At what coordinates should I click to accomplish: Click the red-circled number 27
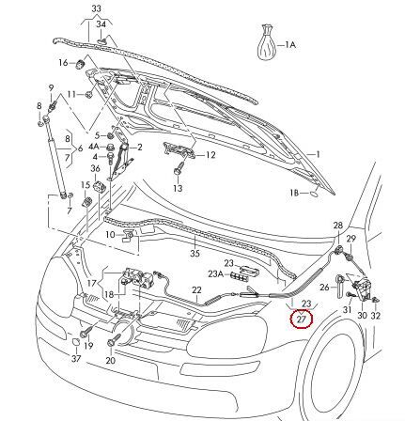301,319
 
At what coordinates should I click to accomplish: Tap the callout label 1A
289,44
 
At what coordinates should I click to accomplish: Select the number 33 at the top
96,7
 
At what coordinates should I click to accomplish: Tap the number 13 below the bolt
178,188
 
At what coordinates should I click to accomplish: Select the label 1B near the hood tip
294,192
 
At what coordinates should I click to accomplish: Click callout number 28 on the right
338,226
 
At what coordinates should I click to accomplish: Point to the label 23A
215,275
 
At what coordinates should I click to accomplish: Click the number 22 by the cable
196,290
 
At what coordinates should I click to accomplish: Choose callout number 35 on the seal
195,253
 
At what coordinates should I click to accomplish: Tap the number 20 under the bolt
111,360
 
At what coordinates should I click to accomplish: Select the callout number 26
325,288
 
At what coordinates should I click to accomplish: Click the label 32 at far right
376,317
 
